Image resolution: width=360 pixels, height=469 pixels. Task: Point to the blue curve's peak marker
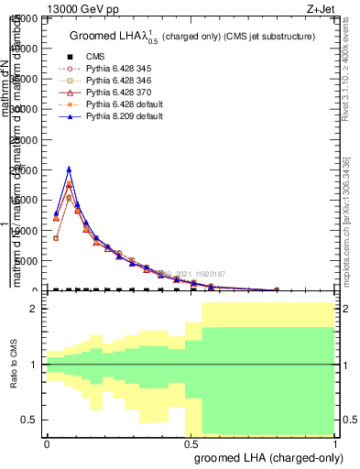(x=69, y=169)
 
